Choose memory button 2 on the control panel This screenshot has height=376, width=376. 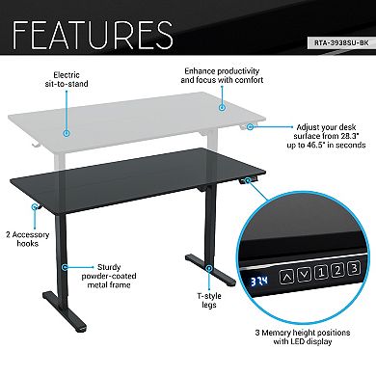(337, 270)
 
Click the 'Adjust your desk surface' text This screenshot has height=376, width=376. (323, 137)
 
